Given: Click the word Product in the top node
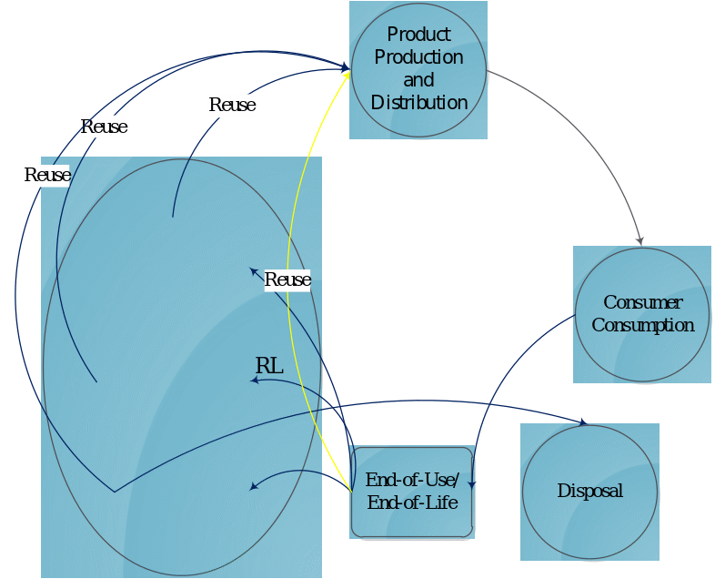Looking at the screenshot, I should tap(418, 35).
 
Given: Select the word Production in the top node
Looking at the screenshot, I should tap(418, 57).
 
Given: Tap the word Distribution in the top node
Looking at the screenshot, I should tap(418, 103).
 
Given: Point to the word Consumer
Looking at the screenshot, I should tap(642, 302).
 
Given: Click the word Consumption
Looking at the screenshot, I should tap(642, 325).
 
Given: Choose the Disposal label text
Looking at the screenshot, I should tap(589, 492).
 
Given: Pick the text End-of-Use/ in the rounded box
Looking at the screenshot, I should tap(412, 480).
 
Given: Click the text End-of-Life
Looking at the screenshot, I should tap(412, 502).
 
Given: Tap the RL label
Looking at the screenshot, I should tap(269, 366).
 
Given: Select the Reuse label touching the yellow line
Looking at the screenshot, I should tap(287, 279).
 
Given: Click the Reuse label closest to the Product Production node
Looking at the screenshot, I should tap(232, 105).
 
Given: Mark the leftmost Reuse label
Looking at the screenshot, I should tap(47, 175).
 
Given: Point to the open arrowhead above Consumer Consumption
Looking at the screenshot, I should tap(639, 239).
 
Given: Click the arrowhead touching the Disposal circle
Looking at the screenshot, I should tap(582, 422).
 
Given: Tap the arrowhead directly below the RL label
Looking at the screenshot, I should tap(255, 381).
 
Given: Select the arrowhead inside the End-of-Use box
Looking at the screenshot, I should tap(471, 484).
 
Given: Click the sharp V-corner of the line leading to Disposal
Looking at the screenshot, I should tap(114, 493).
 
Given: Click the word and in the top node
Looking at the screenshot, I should tap(418, 80).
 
